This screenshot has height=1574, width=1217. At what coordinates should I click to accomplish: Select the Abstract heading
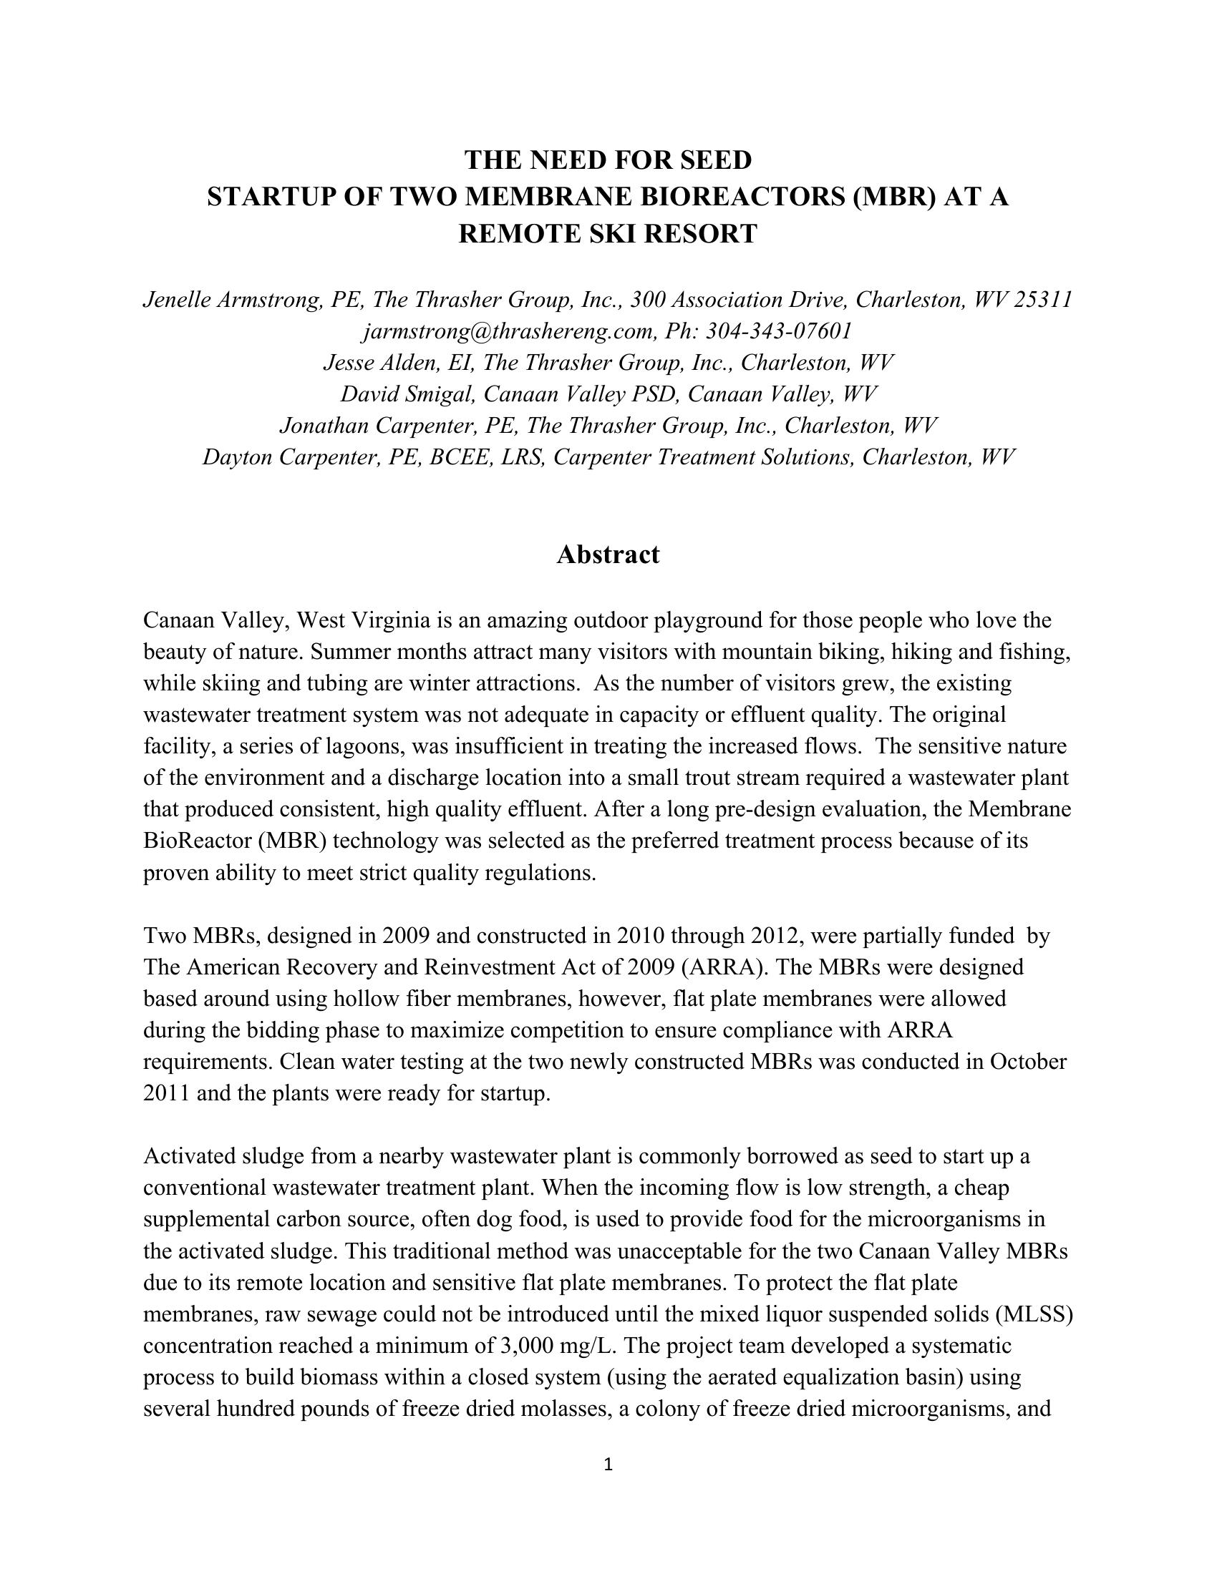608,554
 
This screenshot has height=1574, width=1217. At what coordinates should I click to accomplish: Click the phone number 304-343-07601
779,331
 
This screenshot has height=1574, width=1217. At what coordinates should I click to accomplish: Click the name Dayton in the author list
236,457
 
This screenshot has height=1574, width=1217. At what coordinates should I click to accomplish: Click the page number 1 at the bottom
608,1463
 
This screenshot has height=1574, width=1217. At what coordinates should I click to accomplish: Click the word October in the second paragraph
1027,1062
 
